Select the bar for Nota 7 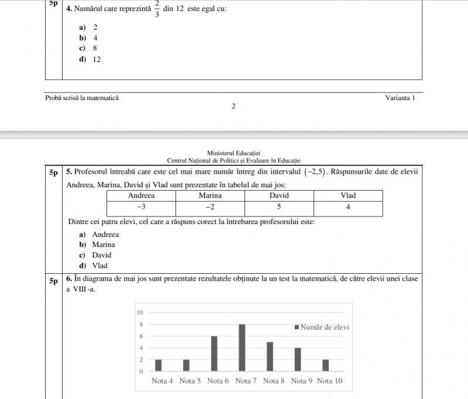[242, 348]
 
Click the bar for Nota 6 [214, 353]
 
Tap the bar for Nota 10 [326, 365]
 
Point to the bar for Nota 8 [270, 356]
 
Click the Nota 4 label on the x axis [162, 381]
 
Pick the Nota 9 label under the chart [302, 381]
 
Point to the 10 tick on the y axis [140, 312]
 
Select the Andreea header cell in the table [141, 195]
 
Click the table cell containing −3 [141, 207]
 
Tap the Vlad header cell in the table [348, 195]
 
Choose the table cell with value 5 [279, 207]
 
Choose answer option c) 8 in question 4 [88, 49]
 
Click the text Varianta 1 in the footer [400, 98]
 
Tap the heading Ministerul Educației [233, 153]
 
